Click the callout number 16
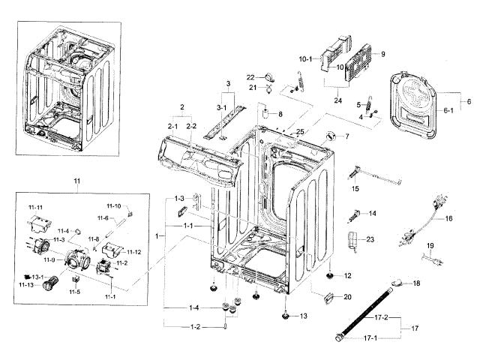[448, 218]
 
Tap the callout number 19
[430, 246]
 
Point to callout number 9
[382, 54]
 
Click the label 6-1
[448, 110]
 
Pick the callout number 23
[369, 239]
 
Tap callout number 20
[347, 297]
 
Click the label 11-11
[35, 207]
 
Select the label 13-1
[37, 277]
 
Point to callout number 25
[300, 132]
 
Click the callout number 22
[251, 76]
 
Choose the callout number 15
[355, 189]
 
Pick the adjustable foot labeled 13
[286, 316]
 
